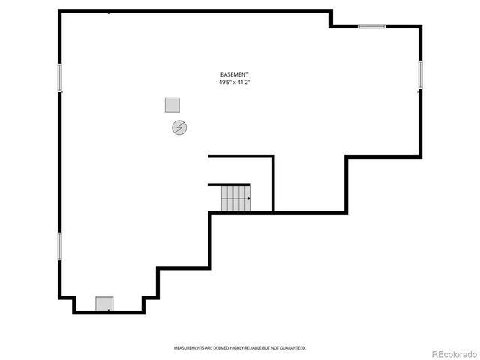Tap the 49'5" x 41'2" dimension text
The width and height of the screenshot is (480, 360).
(x=234, y=82)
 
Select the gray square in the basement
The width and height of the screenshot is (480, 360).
(x=172, y=104)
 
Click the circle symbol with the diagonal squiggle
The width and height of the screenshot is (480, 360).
(x=179, y=127)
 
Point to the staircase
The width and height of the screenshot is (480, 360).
(x=235, y=199)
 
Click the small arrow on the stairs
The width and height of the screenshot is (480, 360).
(x=249, y=199)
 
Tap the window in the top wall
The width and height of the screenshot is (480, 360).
(x=371, y=27)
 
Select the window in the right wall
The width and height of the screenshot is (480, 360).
(x=421, y=76)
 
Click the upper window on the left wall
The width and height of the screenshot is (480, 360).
(x=60, y=77)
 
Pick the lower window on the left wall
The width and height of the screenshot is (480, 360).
(x=60, y=246)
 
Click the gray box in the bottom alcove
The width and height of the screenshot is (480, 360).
(x=104, y=303)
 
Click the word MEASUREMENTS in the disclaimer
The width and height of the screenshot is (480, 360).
(x=191, y=348)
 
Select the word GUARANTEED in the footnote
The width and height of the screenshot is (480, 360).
(x=292, y=348)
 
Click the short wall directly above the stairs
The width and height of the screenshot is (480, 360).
(x=229, y=184)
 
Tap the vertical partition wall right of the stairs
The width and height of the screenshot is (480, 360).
(x=274, y=184)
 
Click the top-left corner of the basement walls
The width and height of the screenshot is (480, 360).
(x=60, y=11)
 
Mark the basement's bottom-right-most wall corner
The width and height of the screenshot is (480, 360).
(x=346, y=212)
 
